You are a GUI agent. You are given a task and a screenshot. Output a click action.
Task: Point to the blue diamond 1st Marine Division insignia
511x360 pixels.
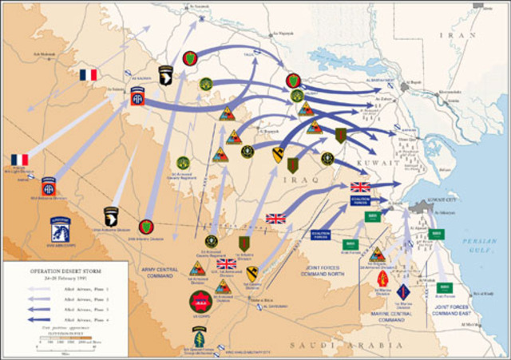[403, 291]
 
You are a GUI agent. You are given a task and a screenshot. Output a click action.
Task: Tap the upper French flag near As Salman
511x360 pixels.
[88, 75]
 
